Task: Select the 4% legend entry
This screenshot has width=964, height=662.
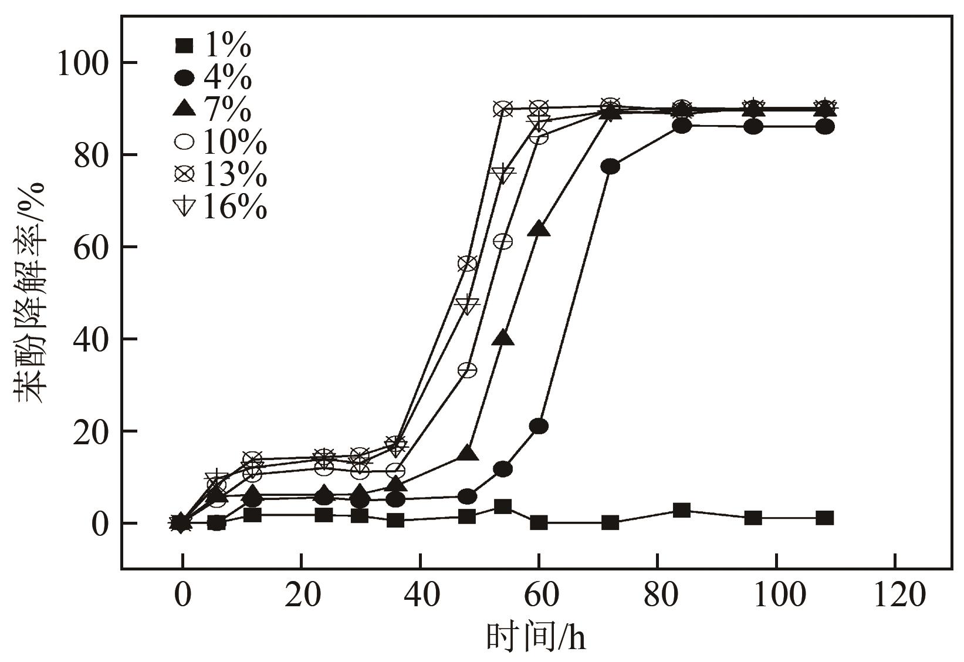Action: click(214, 77)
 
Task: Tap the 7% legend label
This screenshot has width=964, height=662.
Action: click(214, 110)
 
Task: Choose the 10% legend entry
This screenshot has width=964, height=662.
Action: click(221, 143)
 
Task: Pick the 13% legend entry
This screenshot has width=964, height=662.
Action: click(221, 175)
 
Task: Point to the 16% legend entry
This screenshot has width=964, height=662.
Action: click(221, 207)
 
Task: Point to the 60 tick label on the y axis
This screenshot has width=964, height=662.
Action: click(90, 247)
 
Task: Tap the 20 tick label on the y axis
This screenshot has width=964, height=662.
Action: click(90, 431)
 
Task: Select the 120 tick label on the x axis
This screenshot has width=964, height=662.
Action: click(895, 596)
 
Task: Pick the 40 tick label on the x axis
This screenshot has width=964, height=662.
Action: click(420, 596)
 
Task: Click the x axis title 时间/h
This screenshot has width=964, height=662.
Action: click(536, 637)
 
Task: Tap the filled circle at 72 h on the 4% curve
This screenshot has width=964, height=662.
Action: click(610, 167)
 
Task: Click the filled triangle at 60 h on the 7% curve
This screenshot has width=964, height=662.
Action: click(539, 229)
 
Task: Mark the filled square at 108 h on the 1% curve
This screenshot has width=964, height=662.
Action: click(824, 518)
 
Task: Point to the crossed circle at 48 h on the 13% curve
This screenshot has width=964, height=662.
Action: click(468, 264)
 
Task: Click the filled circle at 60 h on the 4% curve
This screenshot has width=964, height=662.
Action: click(539, 426)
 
